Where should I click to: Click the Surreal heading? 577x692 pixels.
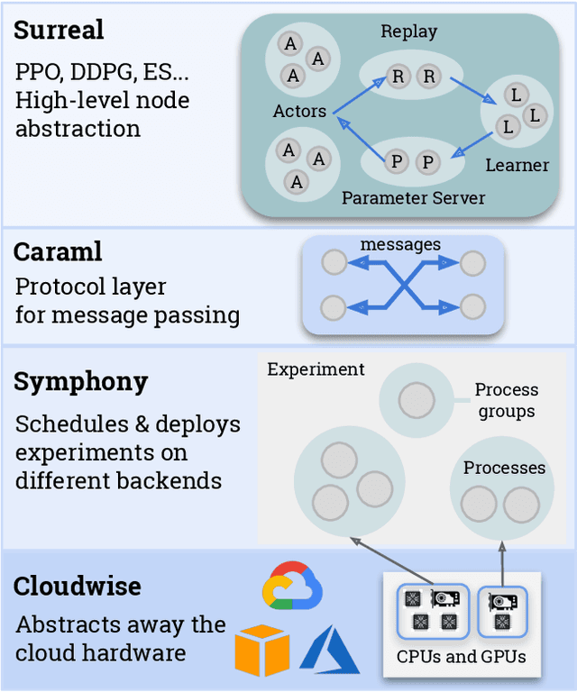click(x=59, y=30)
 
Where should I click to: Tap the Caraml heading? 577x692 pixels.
click(x=58, y=251)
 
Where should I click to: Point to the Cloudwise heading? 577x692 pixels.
click(x=77, y=586)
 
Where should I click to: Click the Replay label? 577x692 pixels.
click(x=408, y=32)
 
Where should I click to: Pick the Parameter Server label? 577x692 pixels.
click(x=413, y=197)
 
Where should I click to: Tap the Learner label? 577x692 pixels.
click(x=517, y=165)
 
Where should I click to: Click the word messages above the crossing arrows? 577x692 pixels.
click(x=400, y=245)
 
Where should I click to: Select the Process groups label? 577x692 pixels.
click(x=506, y=400)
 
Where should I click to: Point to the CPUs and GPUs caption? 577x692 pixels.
click(x=461, y=656)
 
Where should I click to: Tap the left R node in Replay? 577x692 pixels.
click(x=398, y=77)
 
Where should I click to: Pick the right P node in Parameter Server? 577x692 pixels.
click(x=426, y=162)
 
